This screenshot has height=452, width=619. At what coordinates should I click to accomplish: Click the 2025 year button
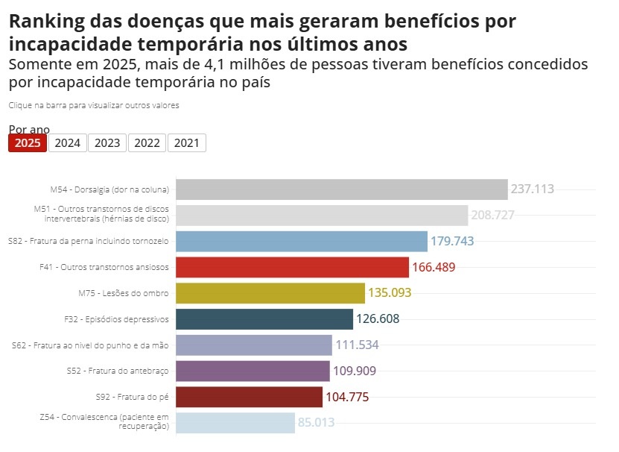click(x=28, y=143)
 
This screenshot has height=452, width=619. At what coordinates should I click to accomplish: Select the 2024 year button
click(x=68, y=143)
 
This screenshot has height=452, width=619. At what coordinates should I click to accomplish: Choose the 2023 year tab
click(x=107, y=143)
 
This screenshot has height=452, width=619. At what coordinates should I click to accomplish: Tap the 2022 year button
click(x=147, y=143)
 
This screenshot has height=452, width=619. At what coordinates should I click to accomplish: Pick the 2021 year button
click(x=186, y=143)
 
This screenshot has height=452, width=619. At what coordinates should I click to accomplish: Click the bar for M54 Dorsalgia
click(x=341, y=189)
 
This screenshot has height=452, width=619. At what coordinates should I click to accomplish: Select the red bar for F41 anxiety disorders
click(x=292, y=267)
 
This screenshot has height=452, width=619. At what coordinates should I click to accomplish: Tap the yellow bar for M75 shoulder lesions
click(x=270, y=293)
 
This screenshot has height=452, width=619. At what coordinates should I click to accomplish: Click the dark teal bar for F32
click(x=264, y=319)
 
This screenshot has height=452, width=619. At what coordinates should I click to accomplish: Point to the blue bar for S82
click(x=301, y=242)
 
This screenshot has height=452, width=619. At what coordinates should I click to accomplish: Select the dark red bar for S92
click(x=249, y=397)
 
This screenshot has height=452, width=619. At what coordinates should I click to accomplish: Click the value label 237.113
click(x=532, y=189)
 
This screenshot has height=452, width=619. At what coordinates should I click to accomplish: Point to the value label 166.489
click(x=433, y=267)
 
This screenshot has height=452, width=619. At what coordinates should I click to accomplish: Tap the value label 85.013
click(x=316, y=423)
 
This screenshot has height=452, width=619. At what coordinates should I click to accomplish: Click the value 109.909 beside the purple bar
click(x=354, y=371)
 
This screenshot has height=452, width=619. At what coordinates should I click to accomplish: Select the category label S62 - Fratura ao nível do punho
click(x=91, y=345)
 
